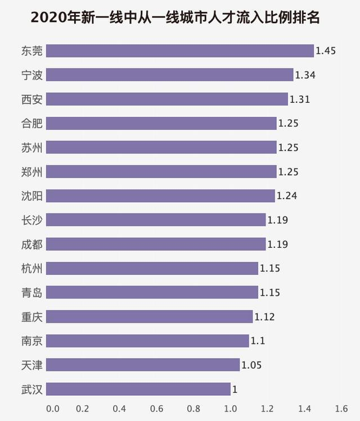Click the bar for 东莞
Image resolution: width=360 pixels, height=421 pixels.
[179, 51]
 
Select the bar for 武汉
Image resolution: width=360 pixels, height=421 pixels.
[138, 389]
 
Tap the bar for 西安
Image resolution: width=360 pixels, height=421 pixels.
[166, 99]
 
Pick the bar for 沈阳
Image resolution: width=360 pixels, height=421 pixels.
[160, 196]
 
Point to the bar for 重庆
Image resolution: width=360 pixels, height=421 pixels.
[149, 316]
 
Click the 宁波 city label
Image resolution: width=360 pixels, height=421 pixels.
[31, 75]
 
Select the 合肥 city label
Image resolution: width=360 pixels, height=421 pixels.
[31, 123]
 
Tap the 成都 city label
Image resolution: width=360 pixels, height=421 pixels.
[31, 244]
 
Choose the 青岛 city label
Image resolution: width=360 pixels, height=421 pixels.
[31, 292]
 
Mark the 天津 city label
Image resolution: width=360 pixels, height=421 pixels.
[31, 365]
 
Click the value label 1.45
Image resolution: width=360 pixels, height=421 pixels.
[326, 51]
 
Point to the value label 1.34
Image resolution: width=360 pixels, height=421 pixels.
[305, 75]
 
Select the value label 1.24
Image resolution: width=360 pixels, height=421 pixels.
[287, 196]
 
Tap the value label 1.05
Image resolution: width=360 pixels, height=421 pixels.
[251, 365]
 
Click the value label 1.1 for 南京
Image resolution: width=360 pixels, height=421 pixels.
[258, 341]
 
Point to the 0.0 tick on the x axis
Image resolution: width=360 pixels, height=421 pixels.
[52, 409]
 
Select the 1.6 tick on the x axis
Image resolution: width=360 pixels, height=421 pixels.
[341, 409]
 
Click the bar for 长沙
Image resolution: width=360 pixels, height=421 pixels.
[156, 220]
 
